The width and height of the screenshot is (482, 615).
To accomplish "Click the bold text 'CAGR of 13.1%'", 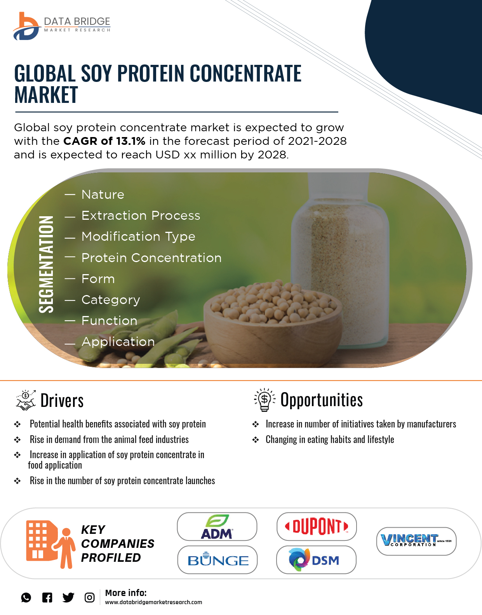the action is click(x=104, y=141).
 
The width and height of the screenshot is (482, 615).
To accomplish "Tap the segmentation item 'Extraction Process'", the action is click(x=141, y=215).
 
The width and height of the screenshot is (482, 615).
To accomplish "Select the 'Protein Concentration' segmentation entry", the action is click(x=151, y=258).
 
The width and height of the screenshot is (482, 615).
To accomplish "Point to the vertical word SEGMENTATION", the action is click(x=46, y=264).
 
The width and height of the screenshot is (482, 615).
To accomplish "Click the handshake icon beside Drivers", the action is click(x=26, y=400).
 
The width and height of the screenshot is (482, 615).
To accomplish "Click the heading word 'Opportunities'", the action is click(x=322, y=400).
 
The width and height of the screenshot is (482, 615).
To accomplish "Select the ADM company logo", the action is click(x=217, y=527).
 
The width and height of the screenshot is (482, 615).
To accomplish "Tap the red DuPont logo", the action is click(x=317, y=527).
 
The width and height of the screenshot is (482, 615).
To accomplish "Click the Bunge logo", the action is click(x=218, y=560).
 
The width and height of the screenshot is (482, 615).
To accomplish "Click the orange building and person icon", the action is click(x=50, y=544).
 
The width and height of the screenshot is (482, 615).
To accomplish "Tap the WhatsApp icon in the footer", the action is click(x=26, y=598).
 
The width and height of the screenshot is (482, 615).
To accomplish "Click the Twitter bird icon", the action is click(x=68, y=598).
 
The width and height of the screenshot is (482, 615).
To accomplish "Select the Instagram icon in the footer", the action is click(x=89, y=598).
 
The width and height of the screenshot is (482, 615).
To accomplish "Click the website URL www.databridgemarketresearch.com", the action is click(x=153, y=602).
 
